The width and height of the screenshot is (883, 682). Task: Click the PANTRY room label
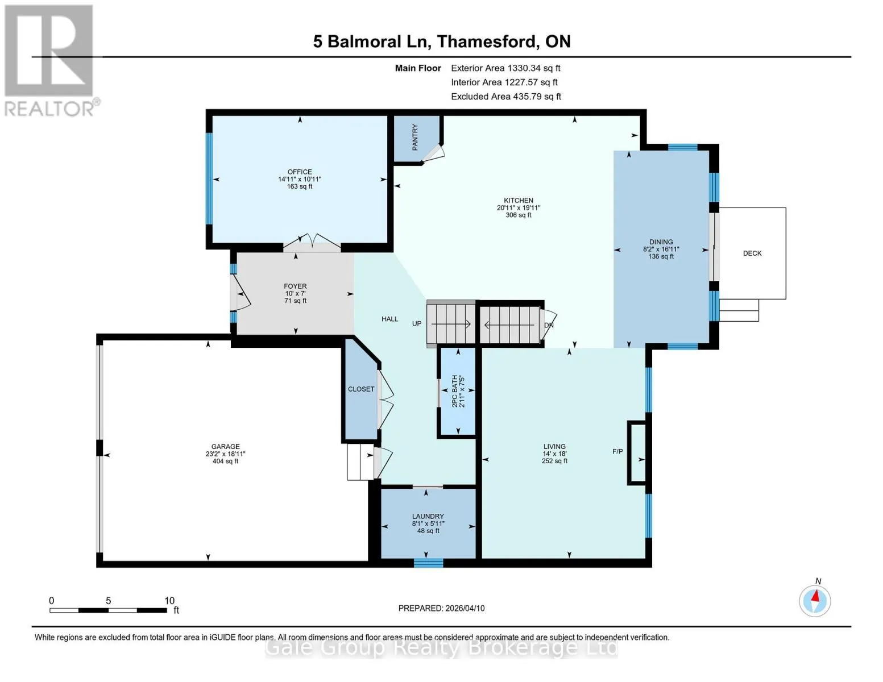click(414, 138)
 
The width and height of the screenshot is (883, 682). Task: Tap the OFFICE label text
click(300, 172)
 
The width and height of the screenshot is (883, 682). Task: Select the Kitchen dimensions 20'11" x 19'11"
click(519, 207)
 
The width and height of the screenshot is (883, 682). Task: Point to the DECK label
click(752, 253)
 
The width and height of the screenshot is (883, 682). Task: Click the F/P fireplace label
click(617, 451)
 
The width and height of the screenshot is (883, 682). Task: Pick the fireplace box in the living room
click(637, 453)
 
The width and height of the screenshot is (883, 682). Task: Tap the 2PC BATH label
click(454, 391)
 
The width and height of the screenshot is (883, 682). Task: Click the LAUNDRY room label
click(428, 516)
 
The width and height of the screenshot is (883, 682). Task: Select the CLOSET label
click(361, 389)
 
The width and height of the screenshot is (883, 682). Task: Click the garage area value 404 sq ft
click(226, 461)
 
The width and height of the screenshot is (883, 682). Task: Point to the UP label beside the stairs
click(417, 324)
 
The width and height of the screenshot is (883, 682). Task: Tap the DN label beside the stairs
click(549, 325)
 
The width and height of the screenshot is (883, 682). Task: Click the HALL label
click(389, 319)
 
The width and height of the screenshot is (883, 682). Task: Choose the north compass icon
click(815, 601)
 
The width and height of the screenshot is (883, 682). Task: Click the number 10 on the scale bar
click(169, 600)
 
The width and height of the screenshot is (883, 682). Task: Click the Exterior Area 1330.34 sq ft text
click(505, 68)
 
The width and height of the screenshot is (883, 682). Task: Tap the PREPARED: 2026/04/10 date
click(441, 608)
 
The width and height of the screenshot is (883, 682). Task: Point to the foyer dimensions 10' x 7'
click(296, 293)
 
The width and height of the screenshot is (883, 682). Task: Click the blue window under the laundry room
click(428, 563)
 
